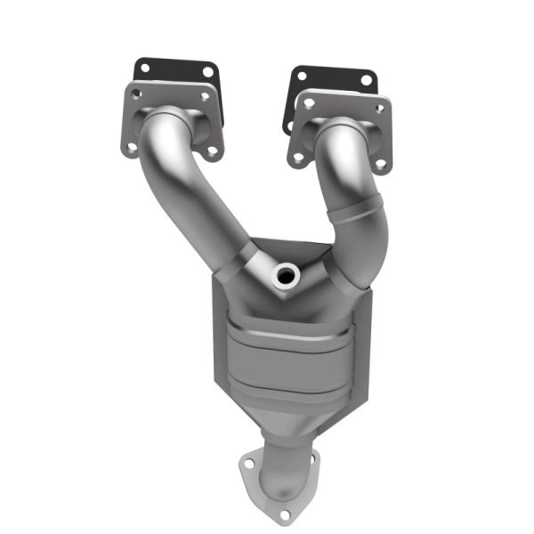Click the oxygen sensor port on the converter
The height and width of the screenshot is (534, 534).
[x=286, y=276]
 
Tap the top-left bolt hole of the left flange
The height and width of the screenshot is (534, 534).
[x=133, y=93]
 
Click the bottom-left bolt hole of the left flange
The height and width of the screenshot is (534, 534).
[x=131, y=148]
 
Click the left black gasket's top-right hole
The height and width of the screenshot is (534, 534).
[x=207, y=72]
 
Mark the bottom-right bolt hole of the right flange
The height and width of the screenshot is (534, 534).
[x=380, y=164]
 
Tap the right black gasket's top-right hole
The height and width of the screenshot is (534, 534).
[x=365, y=80]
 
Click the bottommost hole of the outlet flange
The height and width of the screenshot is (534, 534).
[x=284, y=514]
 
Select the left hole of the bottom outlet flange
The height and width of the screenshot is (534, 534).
[x=247, y=462]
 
